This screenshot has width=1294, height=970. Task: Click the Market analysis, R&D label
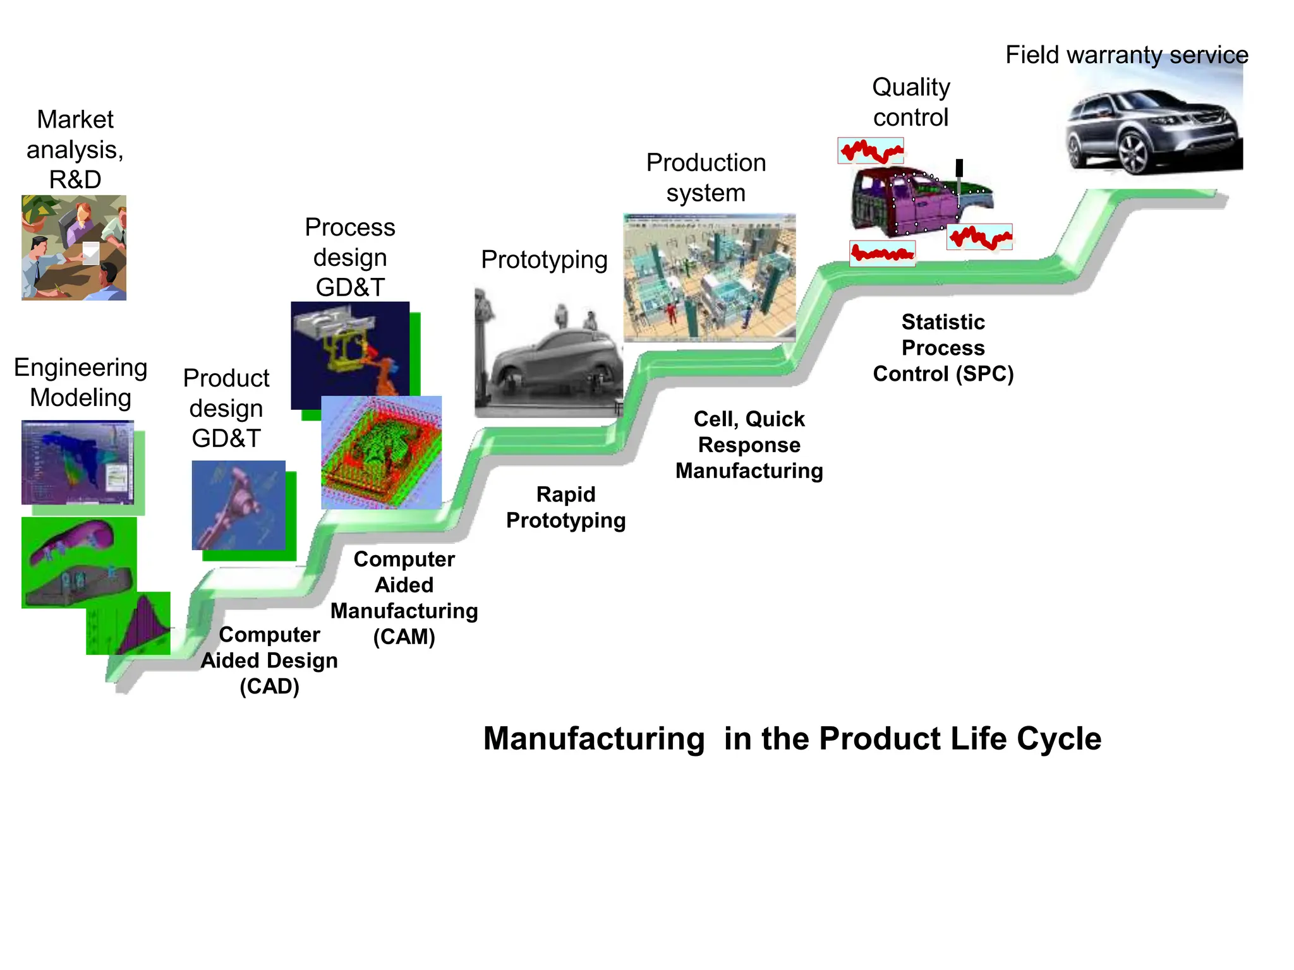tap(75, 149)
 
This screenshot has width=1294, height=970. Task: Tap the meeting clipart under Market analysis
tap(74, 248)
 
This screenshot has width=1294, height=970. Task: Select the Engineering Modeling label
tap(81, 382)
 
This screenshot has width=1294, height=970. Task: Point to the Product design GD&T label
tap(226, 408)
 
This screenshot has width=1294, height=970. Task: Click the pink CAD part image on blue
tap(238, 505)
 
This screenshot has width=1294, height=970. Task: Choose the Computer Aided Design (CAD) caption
tap(269, 660)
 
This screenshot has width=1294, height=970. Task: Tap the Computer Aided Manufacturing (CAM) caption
tap(404, 597)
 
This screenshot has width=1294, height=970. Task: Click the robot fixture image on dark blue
tap(349, 355)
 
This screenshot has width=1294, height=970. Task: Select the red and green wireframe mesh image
tap(382, 452)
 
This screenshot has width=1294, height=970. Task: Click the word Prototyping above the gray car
tap(544, 260)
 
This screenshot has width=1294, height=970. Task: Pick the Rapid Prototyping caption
tap(565, 507)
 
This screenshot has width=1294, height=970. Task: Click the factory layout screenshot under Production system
tap(710, 278)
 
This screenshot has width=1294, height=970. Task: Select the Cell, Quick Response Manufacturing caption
tap(749, 445)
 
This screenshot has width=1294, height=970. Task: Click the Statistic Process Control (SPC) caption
tap(943, 348)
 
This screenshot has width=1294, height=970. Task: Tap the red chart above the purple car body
tap(871, 151)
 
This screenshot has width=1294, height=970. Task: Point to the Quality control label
tap(910, 102)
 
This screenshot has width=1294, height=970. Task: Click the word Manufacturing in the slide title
tap(593, 738)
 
